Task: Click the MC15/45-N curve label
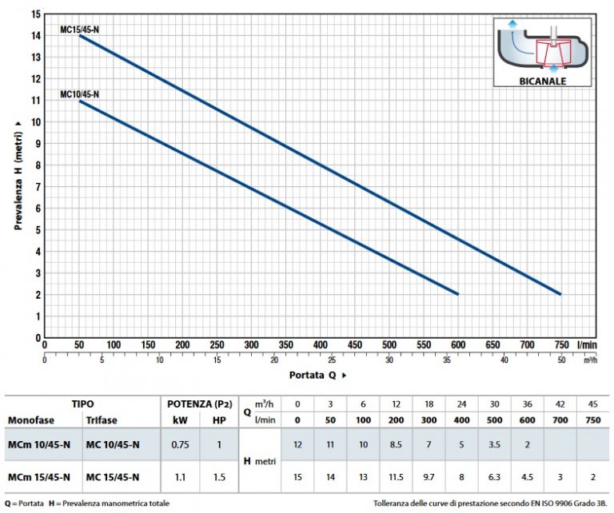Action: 80,29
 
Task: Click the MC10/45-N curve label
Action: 80,94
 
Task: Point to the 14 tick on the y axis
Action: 35,36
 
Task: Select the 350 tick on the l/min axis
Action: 285,344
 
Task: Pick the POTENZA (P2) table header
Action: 197,404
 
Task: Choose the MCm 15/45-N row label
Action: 38,477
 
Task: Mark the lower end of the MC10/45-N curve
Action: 458,294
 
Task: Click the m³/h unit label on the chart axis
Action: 591,360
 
